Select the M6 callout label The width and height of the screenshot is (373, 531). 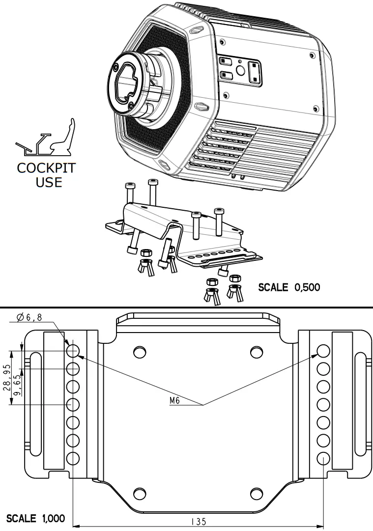(x=174, y=400)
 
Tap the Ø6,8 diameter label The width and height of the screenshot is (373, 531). (x=29, y=317)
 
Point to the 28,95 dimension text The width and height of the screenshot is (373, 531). (x=6, y=378)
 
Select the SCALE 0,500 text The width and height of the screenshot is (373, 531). (x=289, y=287)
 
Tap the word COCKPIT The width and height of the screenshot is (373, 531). (x=46, y=168)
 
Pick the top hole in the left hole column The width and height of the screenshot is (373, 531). (x=73, y=351)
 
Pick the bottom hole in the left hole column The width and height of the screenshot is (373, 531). (x=73, y=458)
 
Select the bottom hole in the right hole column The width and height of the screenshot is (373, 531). (x=323, y=458)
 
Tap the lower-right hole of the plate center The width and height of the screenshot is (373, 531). (x=257, y=494)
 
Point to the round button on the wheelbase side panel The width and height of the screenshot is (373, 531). (x=241, y=70)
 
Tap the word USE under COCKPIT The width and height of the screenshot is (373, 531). (x=49, y=182)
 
